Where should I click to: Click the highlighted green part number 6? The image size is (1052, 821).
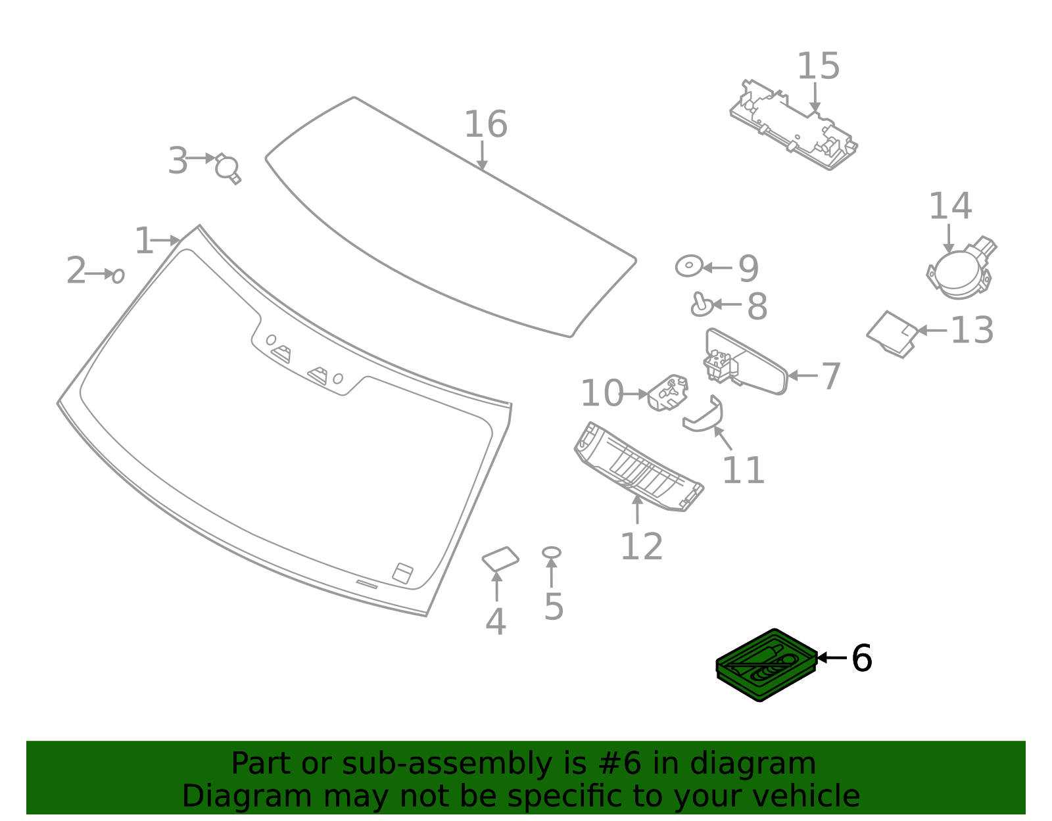(767, 665)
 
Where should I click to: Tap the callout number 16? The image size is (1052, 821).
(485, 125)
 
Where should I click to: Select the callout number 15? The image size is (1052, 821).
(818, 67)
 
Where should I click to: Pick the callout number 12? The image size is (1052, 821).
(641, 547)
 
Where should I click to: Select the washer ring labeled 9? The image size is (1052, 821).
(688, 266)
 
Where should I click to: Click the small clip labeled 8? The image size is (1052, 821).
(702, 304)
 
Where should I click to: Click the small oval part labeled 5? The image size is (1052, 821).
(551, 552)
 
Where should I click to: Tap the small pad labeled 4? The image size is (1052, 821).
(500, 559)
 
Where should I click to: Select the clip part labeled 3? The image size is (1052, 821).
(227, 168)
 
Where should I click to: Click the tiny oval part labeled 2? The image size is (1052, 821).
(118, 275)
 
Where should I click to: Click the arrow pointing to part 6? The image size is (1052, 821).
(831, 657)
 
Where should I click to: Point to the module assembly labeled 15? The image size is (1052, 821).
(793, 125)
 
